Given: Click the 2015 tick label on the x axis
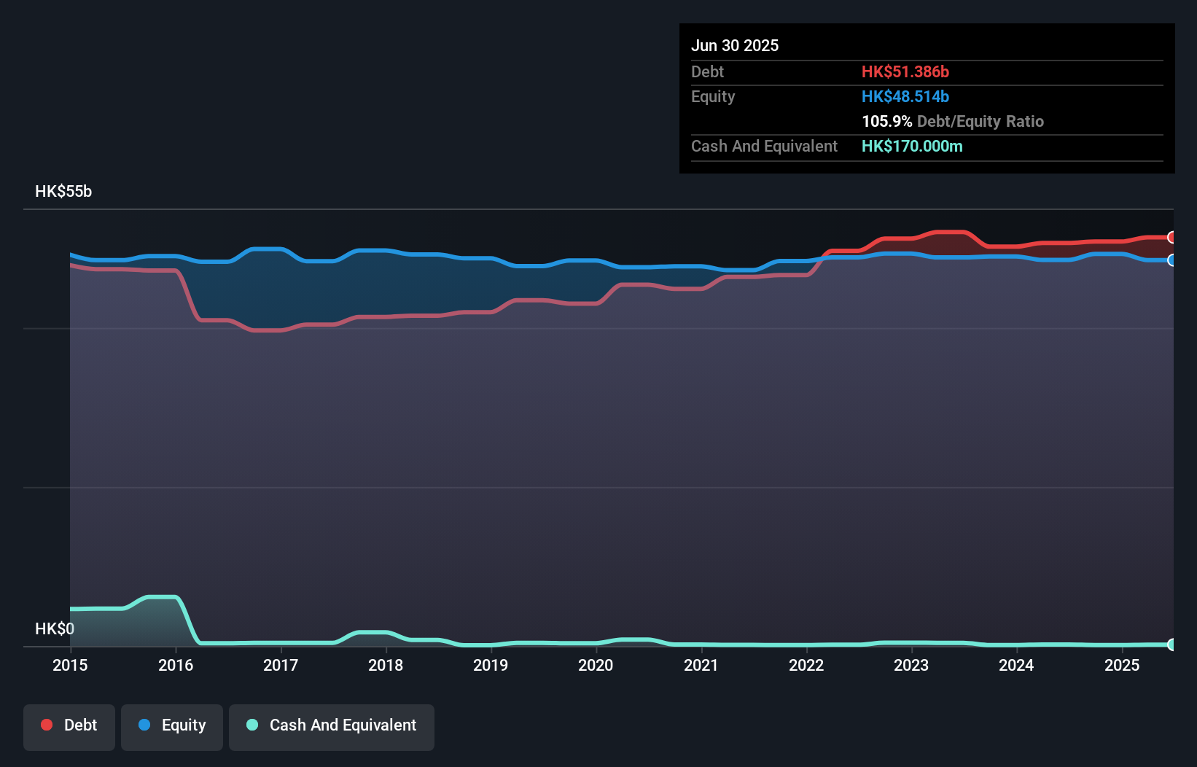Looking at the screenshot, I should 70,665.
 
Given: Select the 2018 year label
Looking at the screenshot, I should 386,665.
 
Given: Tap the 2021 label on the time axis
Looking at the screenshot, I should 701,665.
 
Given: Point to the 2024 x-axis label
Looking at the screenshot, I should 1016,665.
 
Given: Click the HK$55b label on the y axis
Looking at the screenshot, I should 63,192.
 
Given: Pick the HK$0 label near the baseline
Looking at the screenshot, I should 55,628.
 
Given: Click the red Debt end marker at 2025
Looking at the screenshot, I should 1171,237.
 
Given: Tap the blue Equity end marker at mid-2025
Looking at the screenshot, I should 1171,260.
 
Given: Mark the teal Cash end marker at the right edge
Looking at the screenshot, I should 1171,645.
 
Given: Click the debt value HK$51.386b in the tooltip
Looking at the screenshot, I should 905,71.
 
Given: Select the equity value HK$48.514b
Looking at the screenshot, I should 905,96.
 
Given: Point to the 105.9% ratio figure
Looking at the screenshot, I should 886,121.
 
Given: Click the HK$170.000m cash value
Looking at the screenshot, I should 911,146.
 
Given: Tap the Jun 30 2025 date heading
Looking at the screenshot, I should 735,45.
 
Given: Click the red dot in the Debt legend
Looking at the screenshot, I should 47,725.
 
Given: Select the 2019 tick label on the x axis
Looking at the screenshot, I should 491,665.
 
